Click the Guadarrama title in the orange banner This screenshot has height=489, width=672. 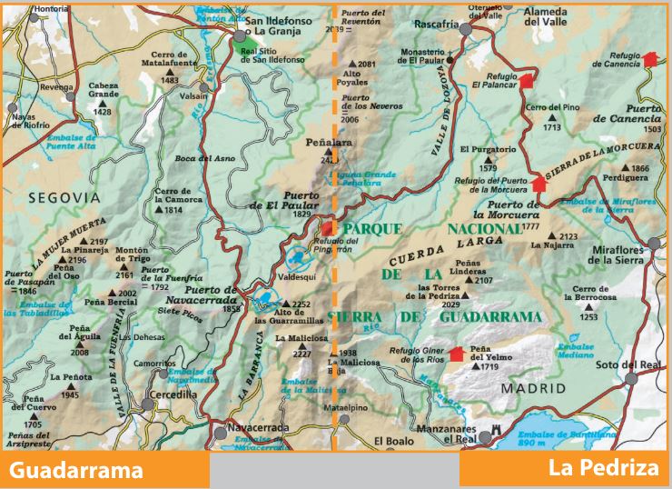click(x=77, y=470)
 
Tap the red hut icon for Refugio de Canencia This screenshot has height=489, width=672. click(x=649, y=59)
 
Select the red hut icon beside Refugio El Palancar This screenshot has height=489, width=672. click(x=527, y=81)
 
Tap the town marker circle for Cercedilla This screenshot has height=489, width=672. click(x=147, y=404)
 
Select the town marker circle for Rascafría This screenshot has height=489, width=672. click(x=466, y=29)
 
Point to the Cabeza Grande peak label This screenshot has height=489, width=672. click(x=104, y=92)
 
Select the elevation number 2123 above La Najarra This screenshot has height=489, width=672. click(x=568, y=235)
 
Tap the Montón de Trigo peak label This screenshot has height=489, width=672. click(x=132, y=254)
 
